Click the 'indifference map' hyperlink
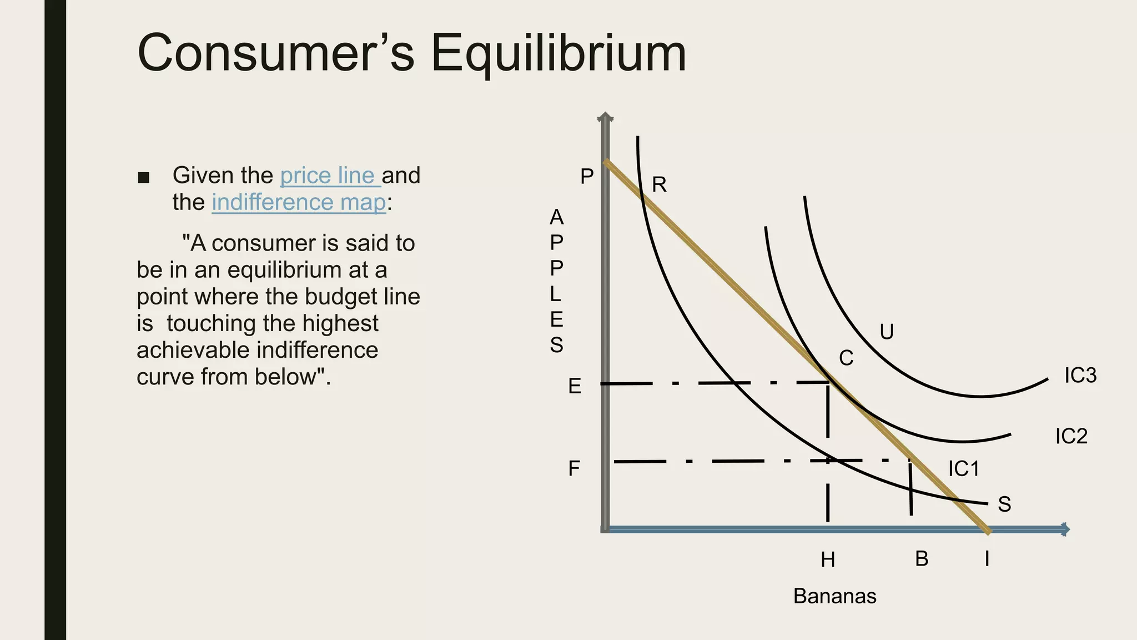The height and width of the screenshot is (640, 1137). pyautogui.click(x=299, y=202)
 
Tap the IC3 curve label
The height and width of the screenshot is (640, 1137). pyautogui.click(x=1080, y=376)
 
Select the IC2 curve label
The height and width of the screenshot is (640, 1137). pyautogui.click(x=1071, y=436)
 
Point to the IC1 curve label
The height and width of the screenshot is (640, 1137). pyautogui.click(x=963, y=469)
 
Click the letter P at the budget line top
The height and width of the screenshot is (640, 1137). pyautogui.click(x=587, y=177)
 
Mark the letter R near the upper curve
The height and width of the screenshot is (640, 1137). pyautogui.click(x=659, y=184)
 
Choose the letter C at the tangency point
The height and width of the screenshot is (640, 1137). pyautogui.click(x=846, y=358)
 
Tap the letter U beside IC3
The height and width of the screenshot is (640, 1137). pyautogui.click(x=887, y=332)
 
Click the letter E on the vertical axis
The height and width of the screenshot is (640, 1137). pyautogui.click(x=575, y=386)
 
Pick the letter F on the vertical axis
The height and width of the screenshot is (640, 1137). pyautogui.click(x=574, y=468)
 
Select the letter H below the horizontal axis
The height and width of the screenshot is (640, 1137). pyautogui.click(x=828, y=560)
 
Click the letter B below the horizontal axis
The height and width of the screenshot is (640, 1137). pyautogui.click(x=922, y=559)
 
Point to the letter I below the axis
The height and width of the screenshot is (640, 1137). pyautogui.click(x=987, y=559)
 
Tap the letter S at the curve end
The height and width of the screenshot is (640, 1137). pyautogui.click(x=1004, y=504)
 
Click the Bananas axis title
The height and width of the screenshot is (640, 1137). pyautogui.click(x=834, y=596)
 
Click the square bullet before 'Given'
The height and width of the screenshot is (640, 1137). pyautogui.click(x=144, y=178)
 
